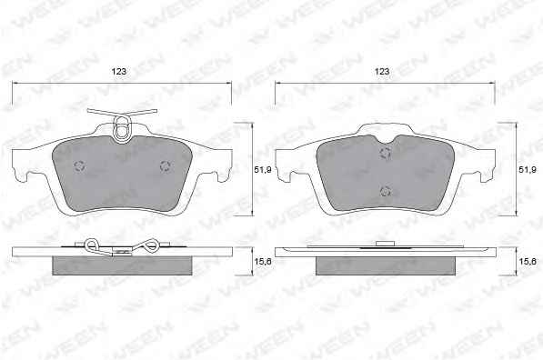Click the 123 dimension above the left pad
(x=119, y=71)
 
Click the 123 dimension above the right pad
(x=382, y=71)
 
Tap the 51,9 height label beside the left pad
(x=263, y=170)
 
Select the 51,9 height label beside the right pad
(x=528, y=170)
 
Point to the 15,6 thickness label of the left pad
(x=263, y=262)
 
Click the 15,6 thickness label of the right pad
(x=528, y=262)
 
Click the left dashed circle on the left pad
(x=80, y=165)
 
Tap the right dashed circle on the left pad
(x=166, y=166)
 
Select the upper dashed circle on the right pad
(x=385, y=153)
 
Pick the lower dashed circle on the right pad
(x=386, y=191)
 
